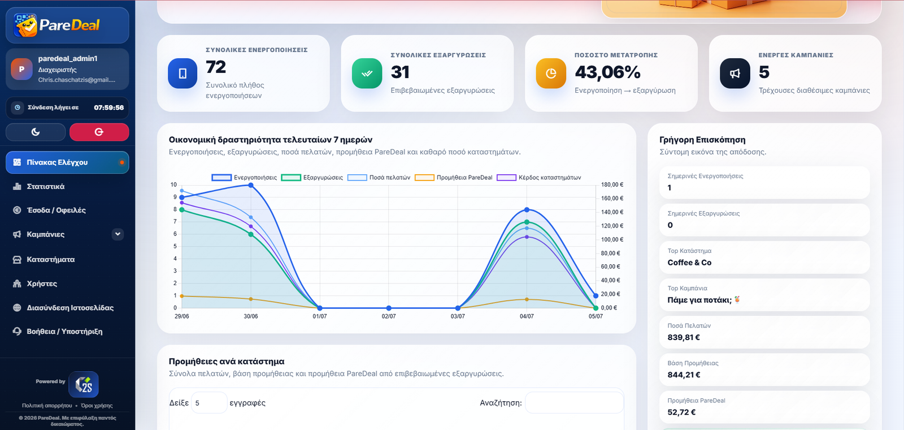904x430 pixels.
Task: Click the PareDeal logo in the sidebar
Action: pyautogui.click(x=56, y=25)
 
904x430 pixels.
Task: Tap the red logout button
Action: pyautogui.click(x=99, y=132)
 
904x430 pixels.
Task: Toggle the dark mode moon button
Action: pyautogui.click(x=36, y=132)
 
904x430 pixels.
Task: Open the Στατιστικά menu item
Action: pyautogui.click(x=45, y=186)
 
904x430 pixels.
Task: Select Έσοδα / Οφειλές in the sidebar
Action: pyautogui.click(x=56, y=210)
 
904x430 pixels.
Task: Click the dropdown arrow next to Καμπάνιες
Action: pyautogui.click(x=118, y=234)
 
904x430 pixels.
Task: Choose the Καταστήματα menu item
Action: pyautogui.click(x=50, y=260)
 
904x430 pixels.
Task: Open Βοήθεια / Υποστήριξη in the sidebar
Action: pyautogui.click(x=64, y=332)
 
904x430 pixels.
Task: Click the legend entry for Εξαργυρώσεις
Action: pyautogui.click(x=312, y=178)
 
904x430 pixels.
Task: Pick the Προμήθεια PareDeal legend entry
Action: pyautogui.click(x=454, y=178)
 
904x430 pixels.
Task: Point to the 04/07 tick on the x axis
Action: pyautogui.click(x=527, y=316)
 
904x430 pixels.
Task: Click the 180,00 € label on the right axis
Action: pyautogui.click(x=612, y=184)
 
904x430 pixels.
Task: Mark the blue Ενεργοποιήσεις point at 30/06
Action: pyautogui.click(x=251, y=185)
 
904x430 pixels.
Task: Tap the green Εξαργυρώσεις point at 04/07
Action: pyautogui.click(x=527, y=222)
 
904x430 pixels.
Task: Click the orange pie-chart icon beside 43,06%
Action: pyautogui.click(x=551, y=73)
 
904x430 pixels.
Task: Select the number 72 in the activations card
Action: pyautogui.click(x=216, y=67)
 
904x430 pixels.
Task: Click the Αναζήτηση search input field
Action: pyautogui.click(x=574, y=402)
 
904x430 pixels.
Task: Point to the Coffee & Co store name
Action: pyautogui.click(x=689, y=263)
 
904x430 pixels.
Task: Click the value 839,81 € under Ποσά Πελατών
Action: pyautogui.click(x=684, y=337)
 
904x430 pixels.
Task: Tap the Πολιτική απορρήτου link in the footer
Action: pyautogui.click(x=47, y=405)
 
